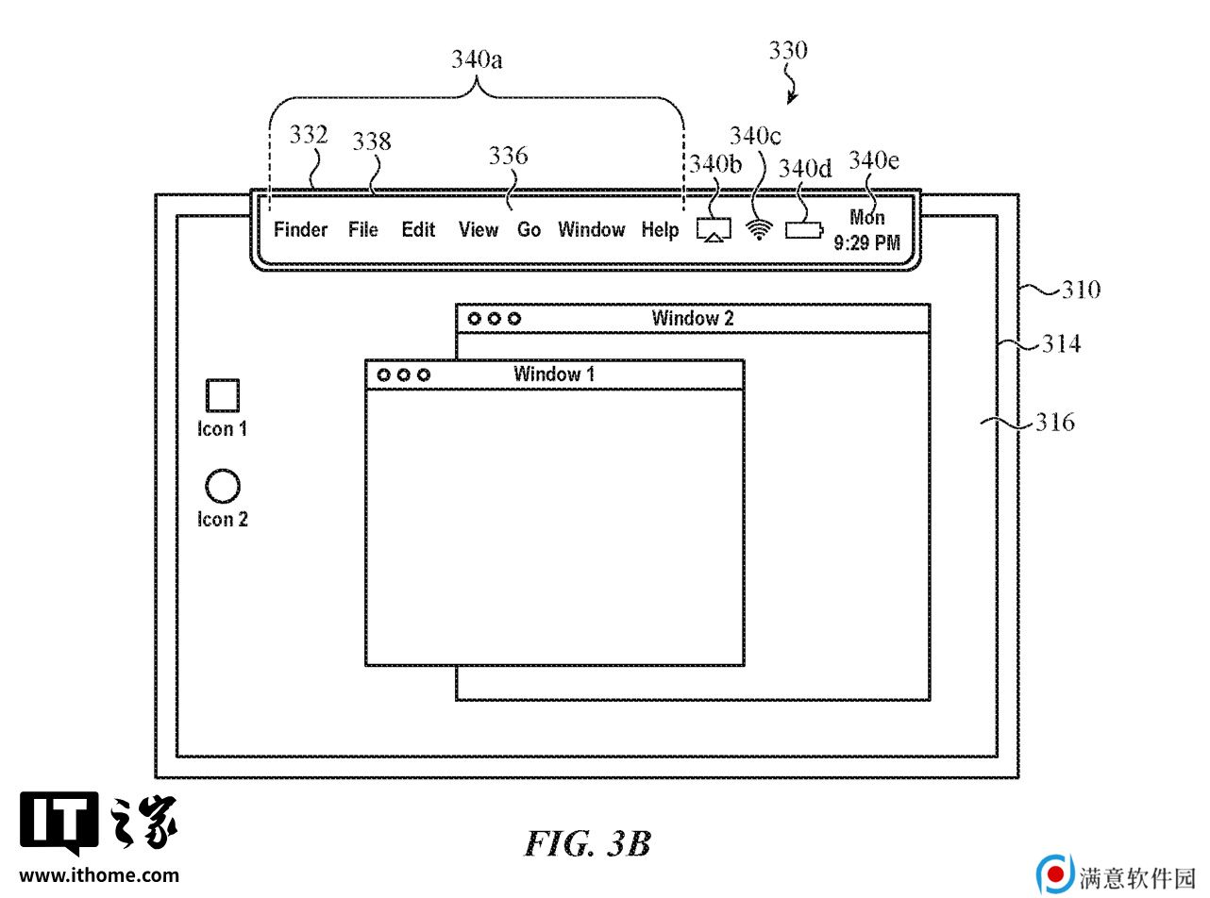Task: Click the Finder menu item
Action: click(300, 229)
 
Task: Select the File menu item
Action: click(362, 229)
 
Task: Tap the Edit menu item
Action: click(418, 229)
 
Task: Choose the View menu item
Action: click(478, 229)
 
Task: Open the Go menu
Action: click(529, 229)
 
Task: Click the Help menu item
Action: click(660, 229)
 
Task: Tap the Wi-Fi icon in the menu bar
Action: click(759, 229)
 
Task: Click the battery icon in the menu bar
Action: click(804, 230)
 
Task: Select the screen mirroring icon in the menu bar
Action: click(714, 229)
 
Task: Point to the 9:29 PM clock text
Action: click(866, 242)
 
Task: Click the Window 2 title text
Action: click(693, 318)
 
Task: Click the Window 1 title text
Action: click(554, 374)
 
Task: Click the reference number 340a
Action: click(477, 59)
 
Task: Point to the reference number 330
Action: click(788, 50)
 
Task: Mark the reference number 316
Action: click(1055, 422)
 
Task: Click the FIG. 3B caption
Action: click(588, 844)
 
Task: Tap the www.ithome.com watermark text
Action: click(99, 875)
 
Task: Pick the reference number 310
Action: click(1082, 290)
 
